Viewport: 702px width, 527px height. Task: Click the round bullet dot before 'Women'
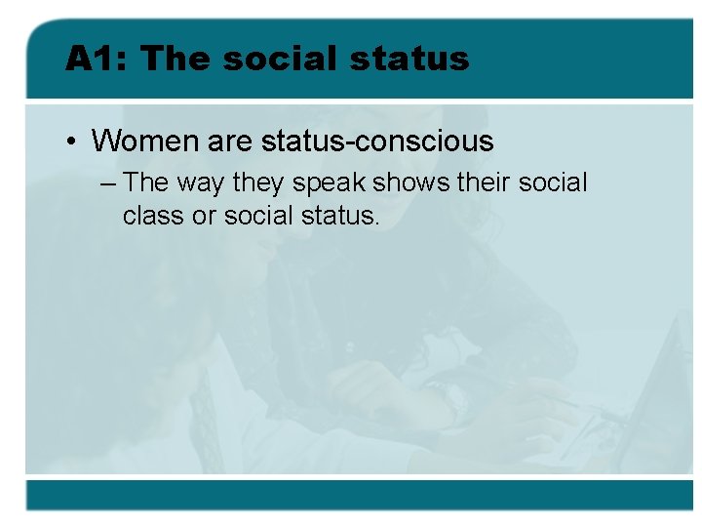(x=73, y=142)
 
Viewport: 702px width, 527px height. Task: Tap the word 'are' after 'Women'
(x=230, y=142)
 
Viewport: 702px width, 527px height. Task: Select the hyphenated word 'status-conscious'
(x=377, y=142)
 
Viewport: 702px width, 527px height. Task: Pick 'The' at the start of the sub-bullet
(x=146, y=182)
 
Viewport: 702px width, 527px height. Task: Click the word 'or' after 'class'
(x=204, y=216)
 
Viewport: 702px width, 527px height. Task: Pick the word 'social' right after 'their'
(x=554, y=182)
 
